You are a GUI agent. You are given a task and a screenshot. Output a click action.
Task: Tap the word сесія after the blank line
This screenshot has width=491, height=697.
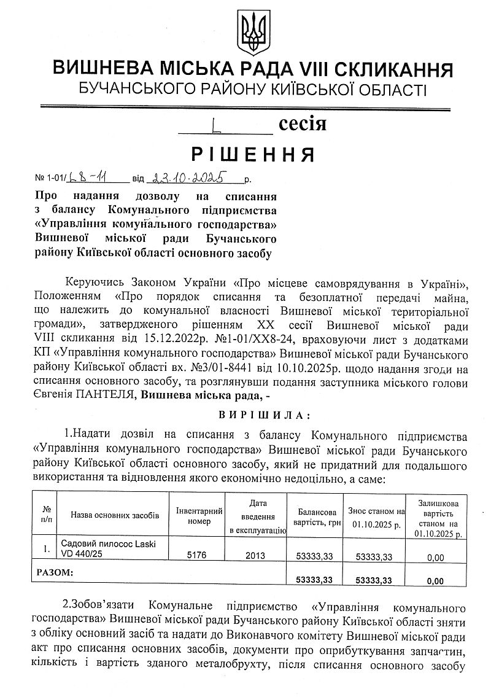(303, 124)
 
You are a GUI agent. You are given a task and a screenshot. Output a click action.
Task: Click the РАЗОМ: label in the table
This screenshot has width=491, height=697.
(55, 572)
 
